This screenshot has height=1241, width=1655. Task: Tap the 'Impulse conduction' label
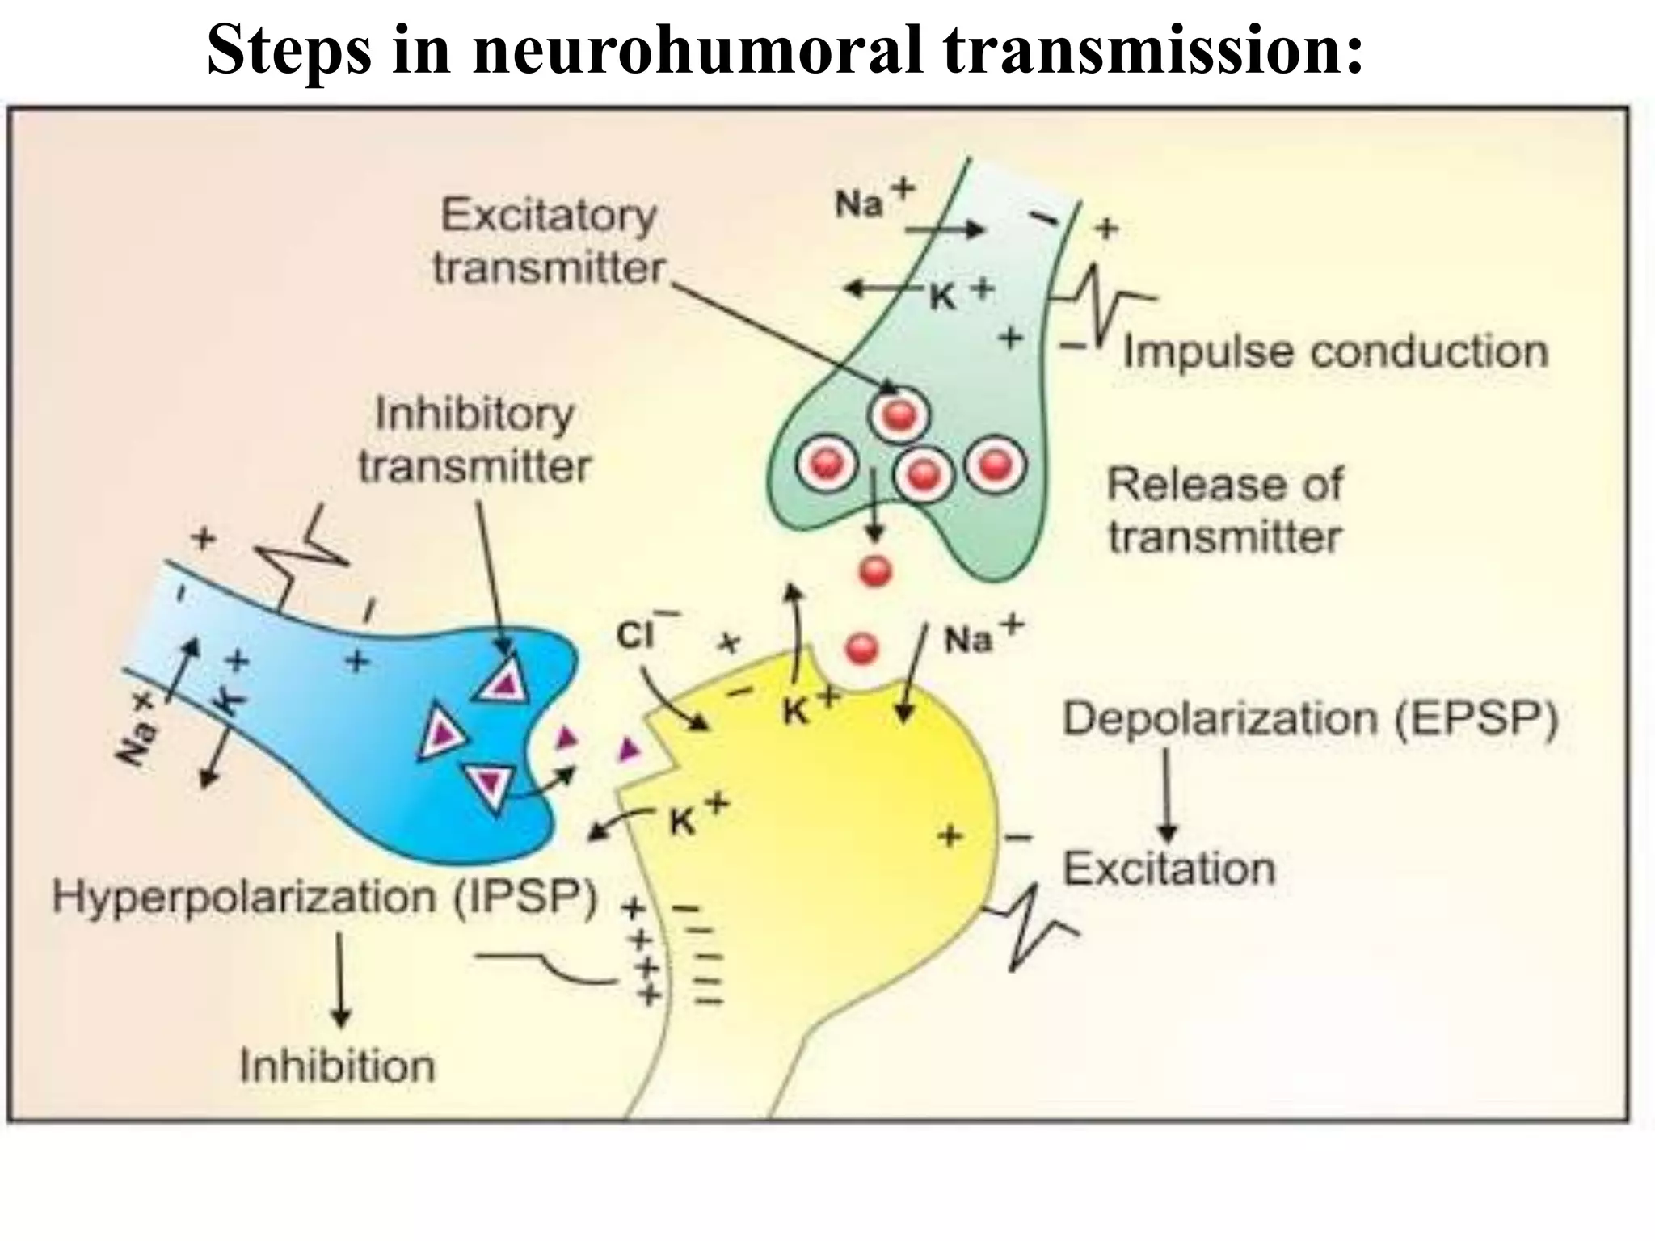point(1335,352)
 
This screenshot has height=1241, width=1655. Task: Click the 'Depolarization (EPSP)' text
point(1309,718)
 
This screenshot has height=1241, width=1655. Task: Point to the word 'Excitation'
point(1169,869)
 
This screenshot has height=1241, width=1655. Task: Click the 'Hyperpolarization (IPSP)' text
point(323,897)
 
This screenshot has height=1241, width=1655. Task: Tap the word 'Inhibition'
point(337,1066)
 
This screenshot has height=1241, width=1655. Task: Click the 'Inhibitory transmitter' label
point(475,440)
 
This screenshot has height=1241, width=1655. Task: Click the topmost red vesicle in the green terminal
point(899,415)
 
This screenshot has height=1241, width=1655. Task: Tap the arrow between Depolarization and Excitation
point(1166,796)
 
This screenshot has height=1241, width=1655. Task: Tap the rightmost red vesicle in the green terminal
point(996,465)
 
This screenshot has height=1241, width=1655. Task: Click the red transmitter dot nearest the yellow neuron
point(861,648)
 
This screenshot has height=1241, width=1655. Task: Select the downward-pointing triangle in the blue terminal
point(490,784)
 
